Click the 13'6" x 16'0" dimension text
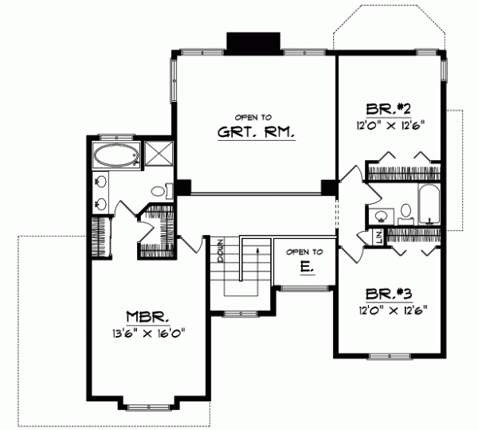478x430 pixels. [x=149, y=333]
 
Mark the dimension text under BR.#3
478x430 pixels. [x=388, y=309]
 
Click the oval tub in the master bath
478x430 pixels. [x=116, y=154]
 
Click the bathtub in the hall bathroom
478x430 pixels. [x=429, y=205]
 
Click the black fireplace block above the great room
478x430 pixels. [x=253, y=42]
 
